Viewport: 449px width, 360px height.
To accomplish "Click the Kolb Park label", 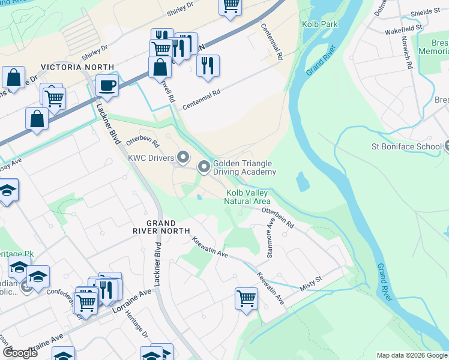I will tap(322, 25).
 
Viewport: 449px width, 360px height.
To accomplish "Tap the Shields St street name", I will tap(425, 13).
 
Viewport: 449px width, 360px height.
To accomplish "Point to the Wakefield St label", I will tap(404, 27).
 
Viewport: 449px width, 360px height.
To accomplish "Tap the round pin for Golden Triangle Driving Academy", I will tap(204, 167).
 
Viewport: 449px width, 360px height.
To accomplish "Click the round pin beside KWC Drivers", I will tap(184, 158).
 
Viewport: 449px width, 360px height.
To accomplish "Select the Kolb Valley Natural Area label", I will tap(248, 197).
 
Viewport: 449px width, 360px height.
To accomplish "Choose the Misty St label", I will tap(315, 280).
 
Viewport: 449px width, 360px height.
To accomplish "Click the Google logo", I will tap(19, 353).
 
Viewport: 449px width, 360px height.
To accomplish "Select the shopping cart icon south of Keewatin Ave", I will tap(247, 298).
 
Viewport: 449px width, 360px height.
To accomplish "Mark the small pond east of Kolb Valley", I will tap(300, 179).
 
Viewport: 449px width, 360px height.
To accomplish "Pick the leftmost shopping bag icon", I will tap(13, 78).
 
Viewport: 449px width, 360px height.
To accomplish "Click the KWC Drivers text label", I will tap(151, 158).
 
